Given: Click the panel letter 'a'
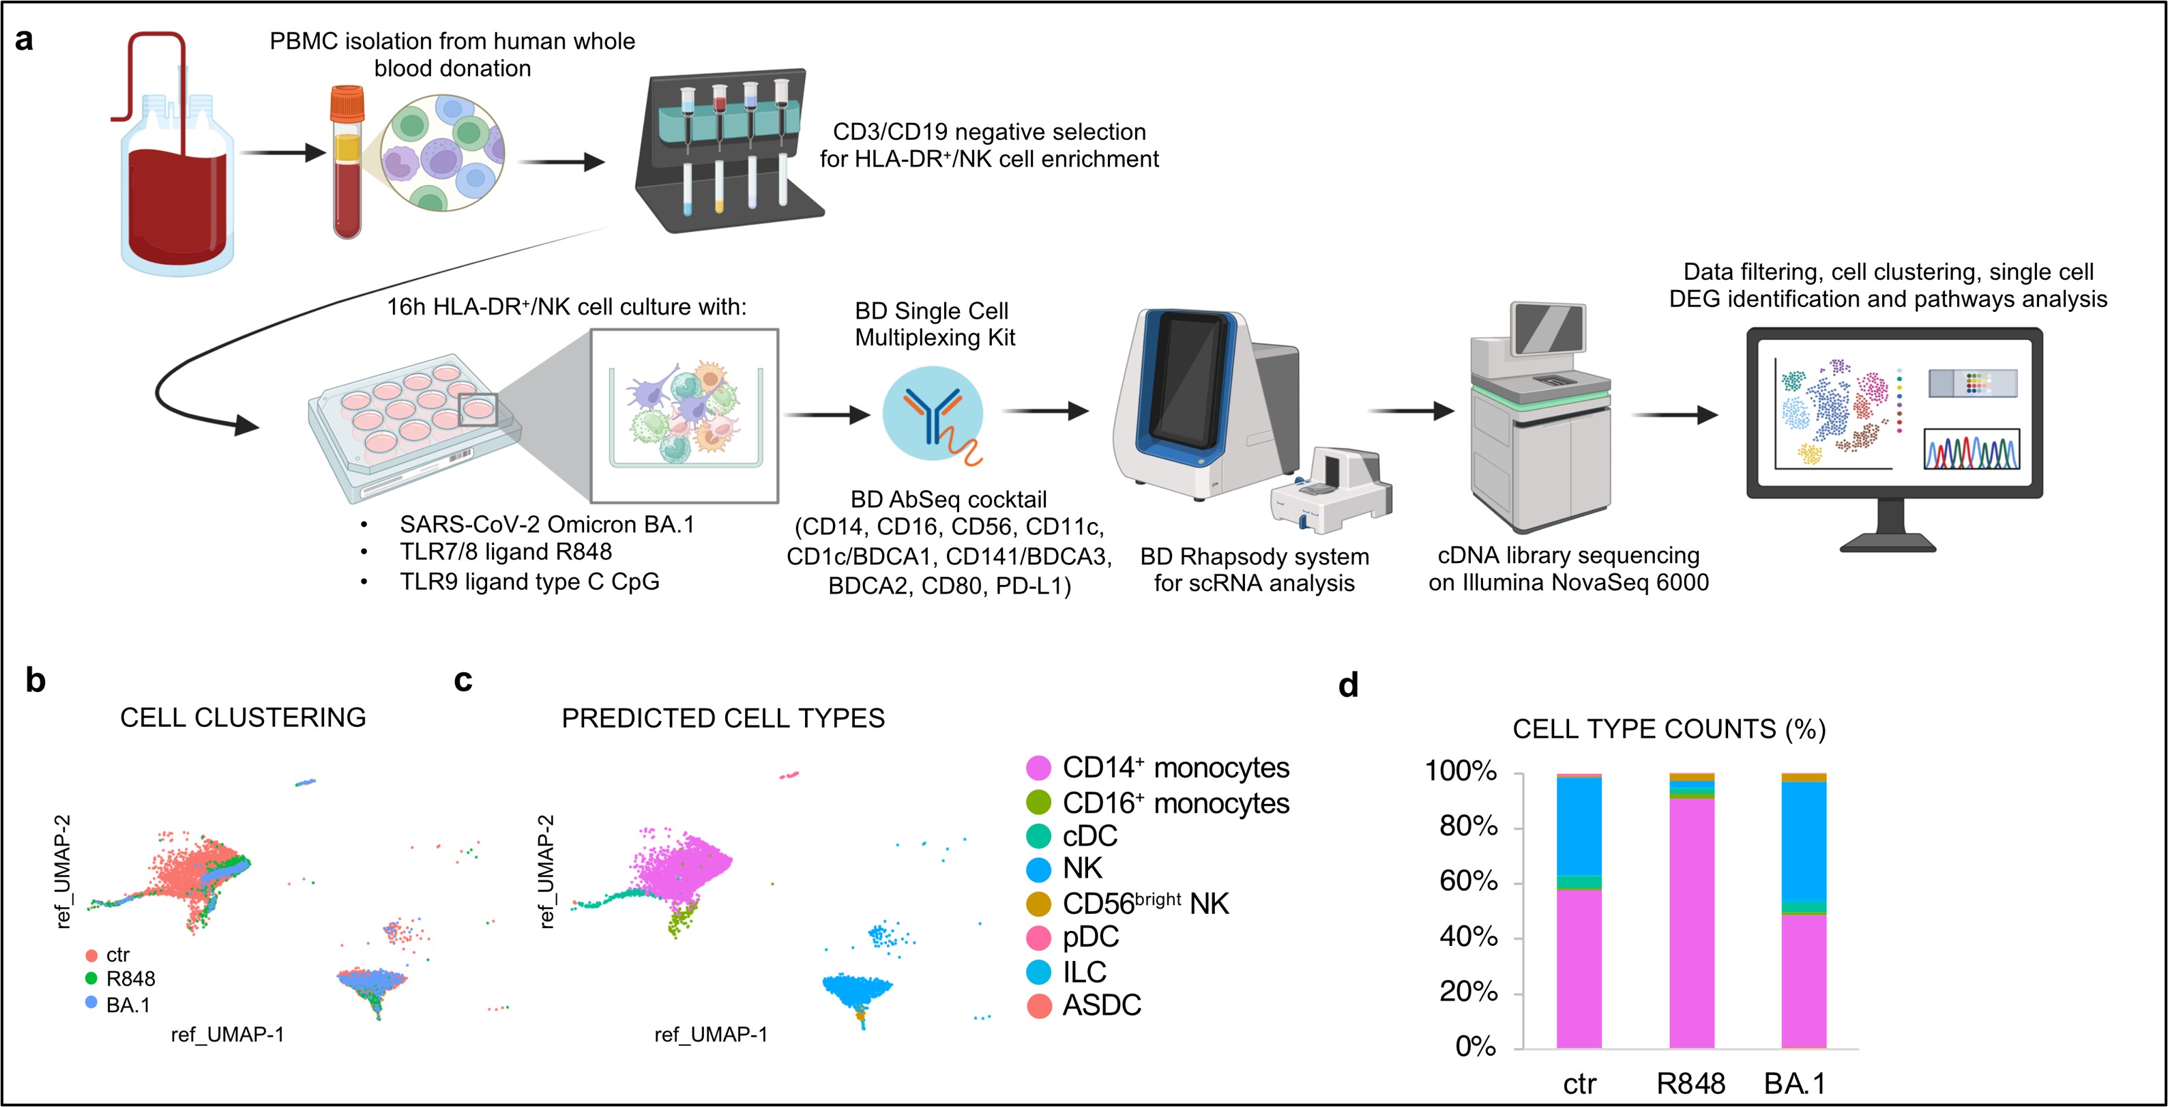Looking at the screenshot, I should pyautogui.click(x=24, y=40).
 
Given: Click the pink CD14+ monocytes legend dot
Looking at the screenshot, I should pyautogui.click(x=1038, y=768).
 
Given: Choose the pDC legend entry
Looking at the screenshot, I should pyautogui.click(x=1090, y=937).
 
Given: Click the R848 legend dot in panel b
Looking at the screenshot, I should pyautogui.click(x=91, y=978).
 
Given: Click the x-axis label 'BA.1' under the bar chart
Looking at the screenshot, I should pyautogui.click(x=1794, y=1082).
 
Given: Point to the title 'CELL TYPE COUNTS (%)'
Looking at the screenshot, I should pyautogui.click(x=1669, y=729).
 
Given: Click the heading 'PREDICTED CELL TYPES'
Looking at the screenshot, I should pyautogui.click(x=723, y=718).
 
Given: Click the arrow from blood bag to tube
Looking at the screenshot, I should pyautogui.click(x=282, y=153).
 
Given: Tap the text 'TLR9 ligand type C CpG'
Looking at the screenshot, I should pyautogui.click(x=529, y=581).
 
